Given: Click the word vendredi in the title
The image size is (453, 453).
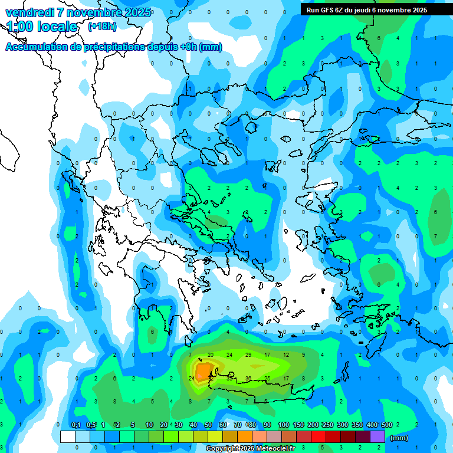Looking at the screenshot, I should [30, 12].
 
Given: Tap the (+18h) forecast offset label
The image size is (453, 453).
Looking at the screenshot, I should [102, 26].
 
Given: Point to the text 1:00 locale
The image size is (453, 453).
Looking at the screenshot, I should [42, 27].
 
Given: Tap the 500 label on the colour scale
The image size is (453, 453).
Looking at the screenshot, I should [388, 425].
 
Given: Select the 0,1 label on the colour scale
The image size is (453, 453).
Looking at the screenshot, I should [75, 425].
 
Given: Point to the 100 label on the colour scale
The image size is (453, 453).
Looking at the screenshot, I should [284, 425].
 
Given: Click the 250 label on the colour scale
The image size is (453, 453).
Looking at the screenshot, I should [328, 425].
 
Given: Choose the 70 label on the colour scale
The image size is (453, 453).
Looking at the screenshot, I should [238, 425].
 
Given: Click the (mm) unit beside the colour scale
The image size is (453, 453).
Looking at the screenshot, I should [399, 438].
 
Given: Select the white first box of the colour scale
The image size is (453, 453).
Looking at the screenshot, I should [68, 437].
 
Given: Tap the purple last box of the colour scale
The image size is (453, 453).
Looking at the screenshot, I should [377, 437].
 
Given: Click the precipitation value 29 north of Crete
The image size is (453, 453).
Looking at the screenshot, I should [248, 354].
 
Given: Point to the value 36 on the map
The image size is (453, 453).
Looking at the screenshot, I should [248, 378].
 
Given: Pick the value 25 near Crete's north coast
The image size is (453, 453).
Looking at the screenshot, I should [267, 378].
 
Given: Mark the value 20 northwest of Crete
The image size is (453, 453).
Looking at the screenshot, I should [211, 354].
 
